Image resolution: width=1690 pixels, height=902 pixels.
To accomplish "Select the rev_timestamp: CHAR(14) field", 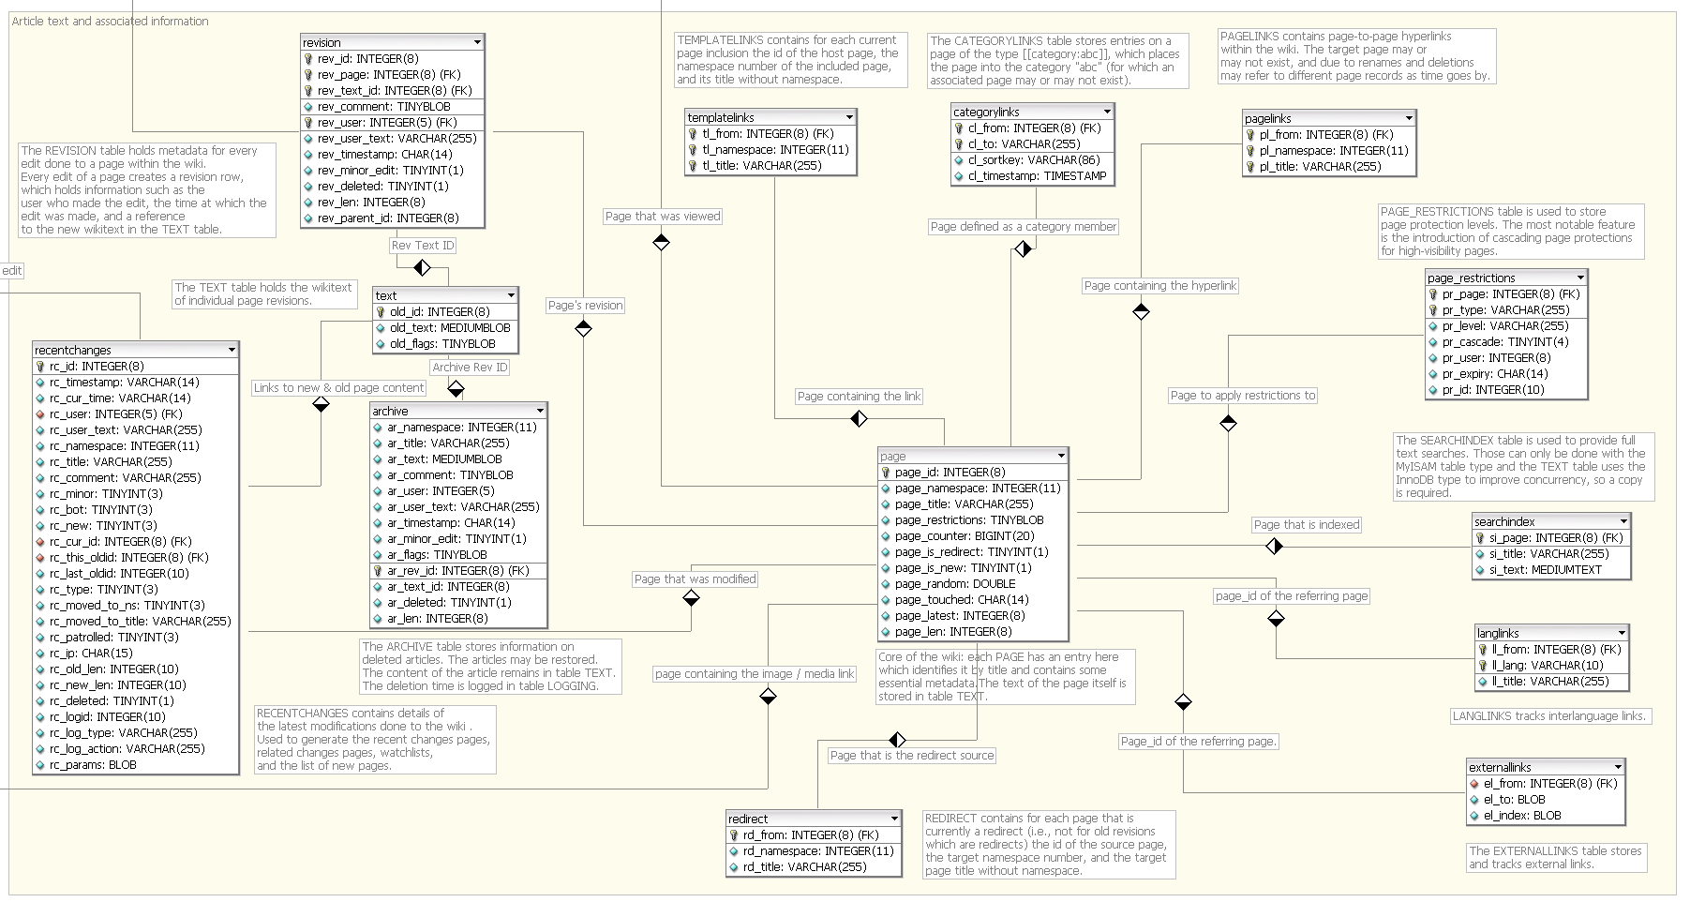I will (x=384, y=155).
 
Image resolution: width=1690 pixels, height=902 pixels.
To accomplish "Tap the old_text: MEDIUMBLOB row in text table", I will (x=450, y=328).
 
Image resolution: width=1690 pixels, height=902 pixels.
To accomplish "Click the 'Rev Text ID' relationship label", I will (x=423, y=246).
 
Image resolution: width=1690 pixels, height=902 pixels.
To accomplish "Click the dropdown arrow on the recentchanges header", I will (x=232, y=350).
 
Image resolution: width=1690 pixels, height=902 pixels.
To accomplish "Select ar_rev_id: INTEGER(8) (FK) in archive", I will (x=458, y=571).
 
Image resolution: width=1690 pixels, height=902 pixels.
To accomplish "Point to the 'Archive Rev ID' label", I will (x=470, y=368).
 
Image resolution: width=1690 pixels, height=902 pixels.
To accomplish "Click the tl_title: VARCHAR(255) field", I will (x=762, y=166).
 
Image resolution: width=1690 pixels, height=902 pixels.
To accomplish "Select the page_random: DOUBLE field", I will (x=955, y=584).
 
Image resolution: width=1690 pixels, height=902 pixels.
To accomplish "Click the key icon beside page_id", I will (x=886, y=473).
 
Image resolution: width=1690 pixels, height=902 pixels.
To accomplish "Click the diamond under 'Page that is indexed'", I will (x=1274, y=546).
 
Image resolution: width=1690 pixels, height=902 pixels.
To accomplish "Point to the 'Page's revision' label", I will (x=585, y=306).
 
